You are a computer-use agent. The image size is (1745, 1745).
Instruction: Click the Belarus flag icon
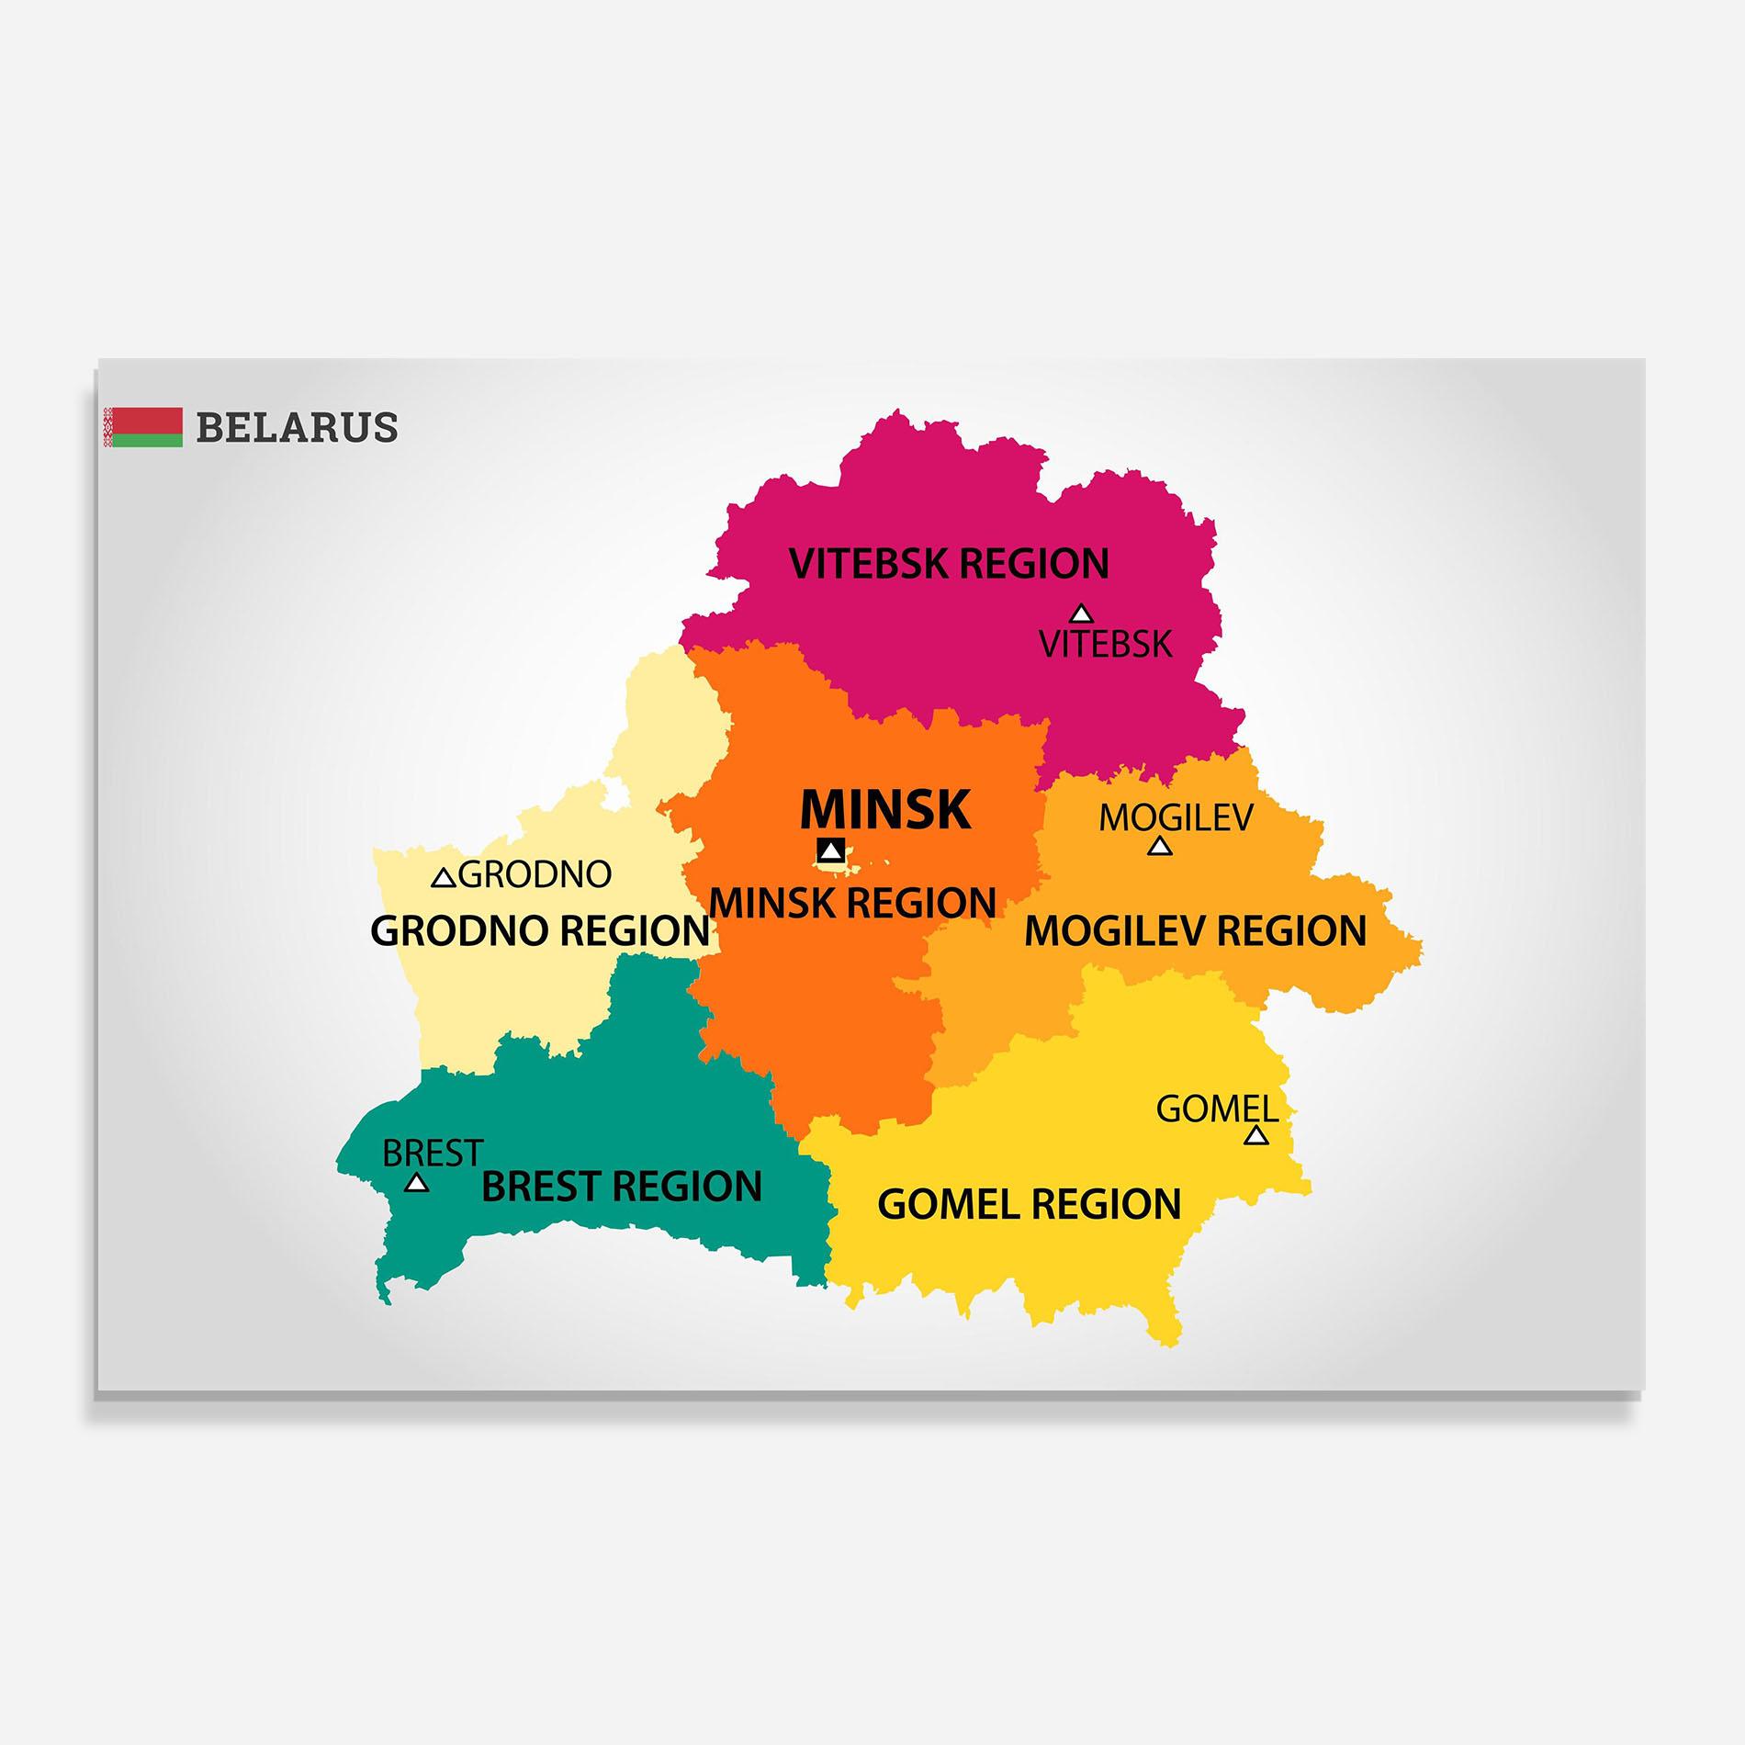(x=143, y=427)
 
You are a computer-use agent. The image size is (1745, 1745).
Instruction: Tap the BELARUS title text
(x=297, y=428)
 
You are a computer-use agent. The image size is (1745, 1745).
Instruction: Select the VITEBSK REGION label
(x=949, y=563)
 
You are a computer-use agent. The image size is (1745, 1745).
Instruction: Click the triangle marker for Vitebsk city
(x=1082, y=614)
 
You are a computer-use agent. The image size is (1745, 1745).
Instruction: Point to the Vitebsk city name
(x=1106, y=644)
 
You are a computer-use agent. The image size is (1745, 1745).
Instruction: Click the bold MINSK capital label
(x=884, y=809)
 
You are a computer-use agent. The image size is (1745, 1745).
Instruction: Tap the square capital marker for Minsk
(x=831, y=850)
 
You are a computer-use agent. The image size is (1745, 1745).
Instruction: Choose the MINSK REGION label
(x=852, y=903)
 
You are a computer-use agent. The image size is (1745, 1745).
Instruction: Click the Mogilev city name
(x=1176, y=817)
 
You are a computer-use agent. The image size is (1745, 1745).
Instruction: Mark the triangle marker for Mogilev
(x=1160, y=846)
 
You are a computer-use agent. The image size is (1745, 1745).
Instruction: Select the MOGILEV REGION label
(x=1195, y=931)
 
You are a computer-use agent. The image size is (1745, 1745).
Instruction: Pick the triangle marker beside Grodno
(x=444, y=878)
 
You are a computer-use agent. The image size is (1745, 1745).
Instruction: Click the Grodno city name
(x=535, y=874)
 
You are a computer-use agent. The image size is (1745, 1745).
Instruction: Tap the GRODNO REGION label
(x=540, y=931)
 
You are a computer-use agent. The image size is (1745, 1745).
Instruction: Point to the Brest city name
(x=433, y=1153)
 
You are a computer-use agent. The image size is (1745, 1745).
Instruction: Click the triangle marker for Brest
(x=417, y=1183)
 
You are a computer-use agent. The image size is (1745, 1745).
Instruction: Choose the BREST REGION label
(x=622, y=1187)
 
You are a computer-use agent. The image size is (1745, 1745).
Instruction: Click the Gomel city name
(x=1217, y=1109)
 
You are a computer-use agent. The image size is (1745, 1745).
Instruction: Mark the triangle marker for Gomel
(x=1256, y=1136)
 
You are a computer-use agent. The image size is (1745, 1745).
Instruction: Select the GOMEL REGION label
(x=1030, y=1205)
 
